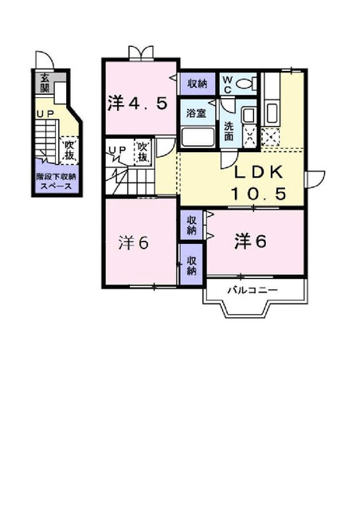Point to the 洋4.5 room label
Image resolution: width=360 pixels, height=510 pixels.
coord(137,103)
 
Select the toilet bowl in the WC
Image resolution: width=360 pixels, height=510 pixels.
coord(248,82)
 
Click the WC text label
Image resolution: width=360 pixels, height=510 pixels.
coord(227,83)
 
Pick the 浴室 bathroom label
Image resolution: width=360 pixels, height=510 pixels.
coord(196,114)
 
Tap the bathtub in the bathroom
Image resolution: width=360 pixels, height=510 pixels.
coord(198,136)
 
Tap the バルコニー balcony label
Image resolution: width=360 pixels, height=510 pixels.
coord(252,290)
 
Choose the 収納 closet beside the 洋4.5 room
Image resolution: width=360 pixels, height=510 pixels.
coord(198,83)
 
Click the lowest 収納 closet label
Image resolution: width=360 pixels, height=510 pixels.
coord(193,265)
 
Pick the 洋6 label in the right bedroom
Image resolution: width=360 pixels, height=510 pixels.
coord(250,241)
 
